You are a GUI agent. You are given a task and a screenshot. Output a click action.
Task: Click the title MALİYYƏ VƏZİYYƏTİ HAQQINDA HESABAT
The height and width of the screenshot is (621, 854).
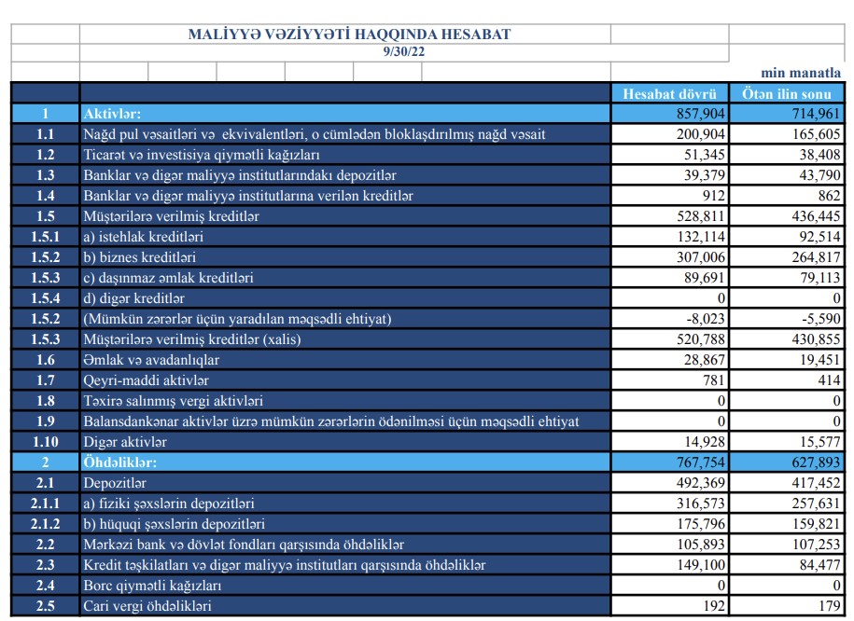click(x=350, y=34)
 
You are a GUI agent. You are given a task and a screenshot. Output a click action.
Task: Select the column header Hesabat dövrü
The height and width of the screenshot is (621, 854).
click(x=669, y=93)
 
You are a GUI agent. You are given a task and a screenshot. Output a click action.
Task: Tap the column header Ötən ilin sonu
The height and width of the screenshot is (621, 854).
click(x=786, y=93)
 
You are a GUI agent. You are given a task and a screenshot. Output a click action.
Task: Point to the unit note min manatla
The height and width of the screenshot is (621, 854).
click(x=802, y=73)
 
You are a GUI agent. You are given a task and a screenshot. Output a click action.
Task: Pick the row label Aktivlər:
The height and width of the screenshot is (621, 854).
click(x=112, y=114)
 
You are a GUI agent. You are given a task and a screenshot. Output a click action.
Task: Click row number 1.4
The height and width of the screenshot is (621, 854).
click(x=45, y=196)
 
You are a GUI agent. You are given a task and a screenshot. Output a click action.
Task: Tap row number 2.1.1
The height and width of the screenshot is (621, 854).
click(x=45, y=504)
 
